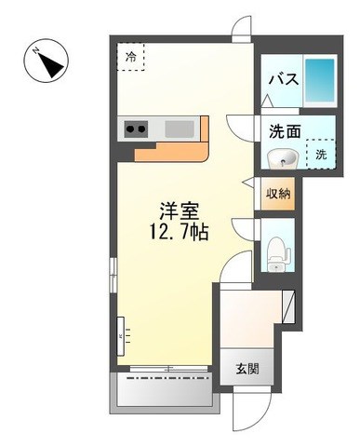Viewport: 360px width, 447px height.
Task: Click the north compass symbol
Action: click(47, 61)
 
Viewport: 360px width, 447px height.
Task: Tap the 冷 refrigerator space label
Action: click(131, 57)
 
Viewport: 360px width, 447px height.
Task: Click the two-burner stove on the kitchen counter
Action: click(136, 129)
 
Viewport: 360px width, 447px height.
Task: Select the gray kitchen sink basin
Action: click(180, 129)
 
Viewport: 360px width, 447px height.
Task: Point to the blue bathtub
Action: click(320, 80)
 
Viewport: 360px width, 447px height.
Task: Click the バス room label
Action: click(284, 79)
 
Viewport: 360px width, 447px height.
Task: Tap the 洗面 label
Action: click(285, 131)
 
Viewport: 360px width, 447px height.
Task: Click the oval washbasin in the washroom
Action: click(282, 157)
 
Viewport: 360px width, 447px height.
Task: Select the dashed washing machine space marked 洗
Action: click(321, 154)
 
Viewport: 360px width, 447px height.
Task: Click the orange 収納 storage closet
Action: click(277, 194)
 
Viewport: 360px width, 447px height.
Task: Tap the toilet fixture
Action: click(278, 254)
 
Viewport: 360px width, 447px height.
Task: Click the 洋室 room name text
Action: click(179, 212)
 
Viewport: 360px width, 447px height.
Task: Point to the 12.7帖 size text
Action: click(179, 232)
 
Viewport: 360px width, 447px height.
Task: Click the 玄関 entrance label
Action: click(247, 369)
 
